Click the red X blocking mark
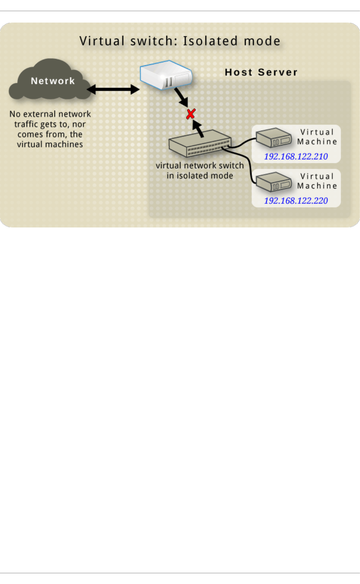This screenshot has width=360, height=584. click(x=191, y=114)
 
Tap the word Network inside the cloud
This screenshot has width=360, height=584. click(x=53, y=81)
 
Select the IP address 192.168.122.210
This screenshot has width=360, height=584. click(x=296, y=156)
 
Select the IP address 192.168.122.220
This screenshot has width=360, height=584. click(x=296, y=201)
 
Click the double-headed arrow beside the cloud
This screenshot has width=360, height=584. click(x=113, y=89)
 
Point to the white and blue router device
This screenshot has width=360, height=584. click(x=166, y=75)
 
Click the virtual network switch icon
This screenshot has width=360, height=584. click(x=200, y=144)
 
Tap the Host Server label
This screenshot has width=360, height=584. click(x=261, y=72)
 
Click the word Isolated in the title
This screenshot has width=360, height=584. click(x=210, y=41)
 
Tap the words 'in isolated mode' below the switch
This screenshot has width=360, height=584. click(x=200, y=176)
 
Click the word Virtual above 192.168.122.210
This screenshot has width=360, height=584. click(x=317, y=132)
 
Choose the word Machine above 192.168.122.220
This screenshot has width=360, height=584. click(x=317, y=186)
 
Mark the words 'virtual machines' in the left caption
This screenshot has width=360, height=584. click(x=50, y=144)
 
